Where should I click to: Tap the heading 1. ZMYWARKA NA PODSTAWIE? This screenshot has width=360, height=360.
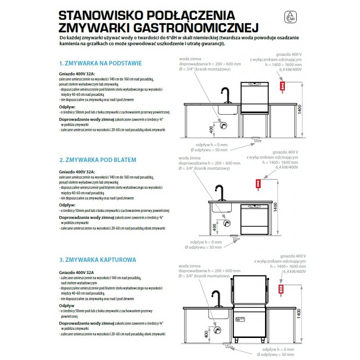(x=100, y=63)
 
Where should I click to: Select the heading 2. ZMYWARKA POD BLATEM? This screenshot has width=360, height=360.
(x=98, y=160)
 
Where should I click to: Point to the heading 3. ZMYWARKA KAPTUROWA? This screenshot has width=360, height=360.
(x=98, y=260)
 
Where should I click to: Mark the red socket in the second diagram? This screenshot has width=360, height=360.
(x=258, y=183)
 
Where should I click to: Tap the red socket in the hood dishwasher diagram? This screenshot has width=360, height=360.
(x=282, y=289)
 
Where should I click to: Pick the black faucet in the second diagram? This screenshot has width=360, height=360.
(x=219, y=193)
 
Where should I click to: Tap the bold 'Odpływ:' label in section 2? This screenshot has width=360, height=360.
(x=67, y=205)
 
